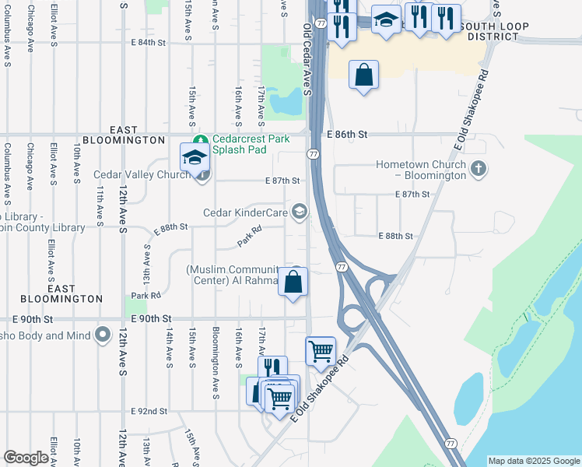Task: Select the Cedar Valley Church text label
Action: pos(142,175)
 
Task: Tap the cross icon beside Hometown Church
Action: pos(479,167)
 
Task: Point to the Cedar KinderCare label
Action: pos(246,212)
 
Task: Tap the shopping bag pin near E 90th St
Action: pos(293,282)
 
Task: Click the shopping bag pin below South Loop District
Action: pos(363,75)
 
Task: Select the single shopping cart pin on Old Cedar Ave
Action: pos(321,352)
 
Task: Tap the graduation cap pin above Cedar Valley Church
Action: pos(195,158)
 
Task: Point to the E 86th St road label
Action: pos(346,135)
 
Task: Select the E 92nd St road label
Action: pos(149,411)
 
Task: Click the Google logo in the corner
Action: pos(26,458)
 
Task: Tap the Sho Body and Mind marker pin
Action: pos(103,335)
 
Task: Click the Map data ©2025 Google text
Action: pos(534,461)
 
